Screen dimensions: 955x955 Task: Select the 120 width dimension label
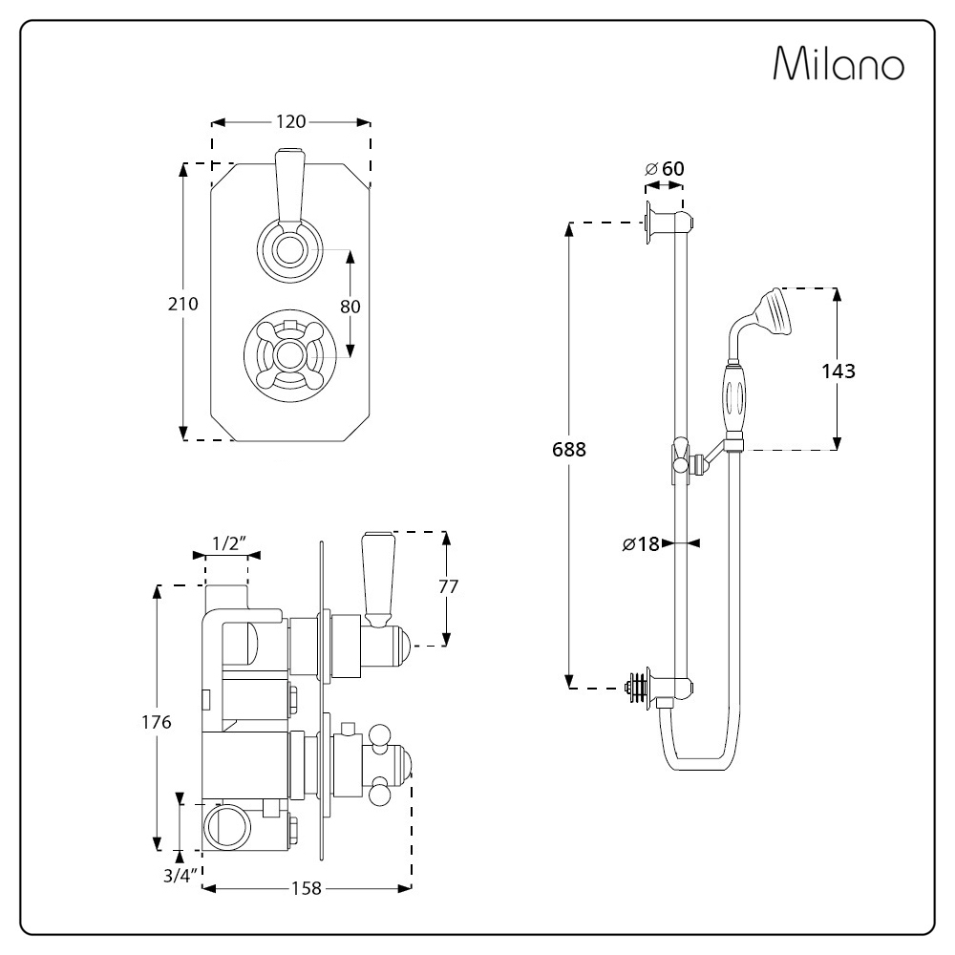[290, 121]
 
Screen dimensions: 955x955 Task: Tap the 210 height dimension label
[181, 304]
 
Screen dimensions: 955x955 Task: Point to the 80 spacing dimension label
[350, 307]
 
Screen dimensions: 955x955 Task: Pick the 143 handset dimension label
[838, 371]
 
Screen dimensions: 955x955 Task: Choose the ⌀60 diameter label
[666, 169]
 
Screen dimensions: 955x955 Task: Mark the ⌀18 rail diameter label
[641, 544]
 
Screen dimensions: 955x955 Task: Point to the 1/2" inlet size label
[226, 544]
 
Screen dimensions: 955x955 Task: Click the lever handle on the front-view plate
[289, 186]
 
